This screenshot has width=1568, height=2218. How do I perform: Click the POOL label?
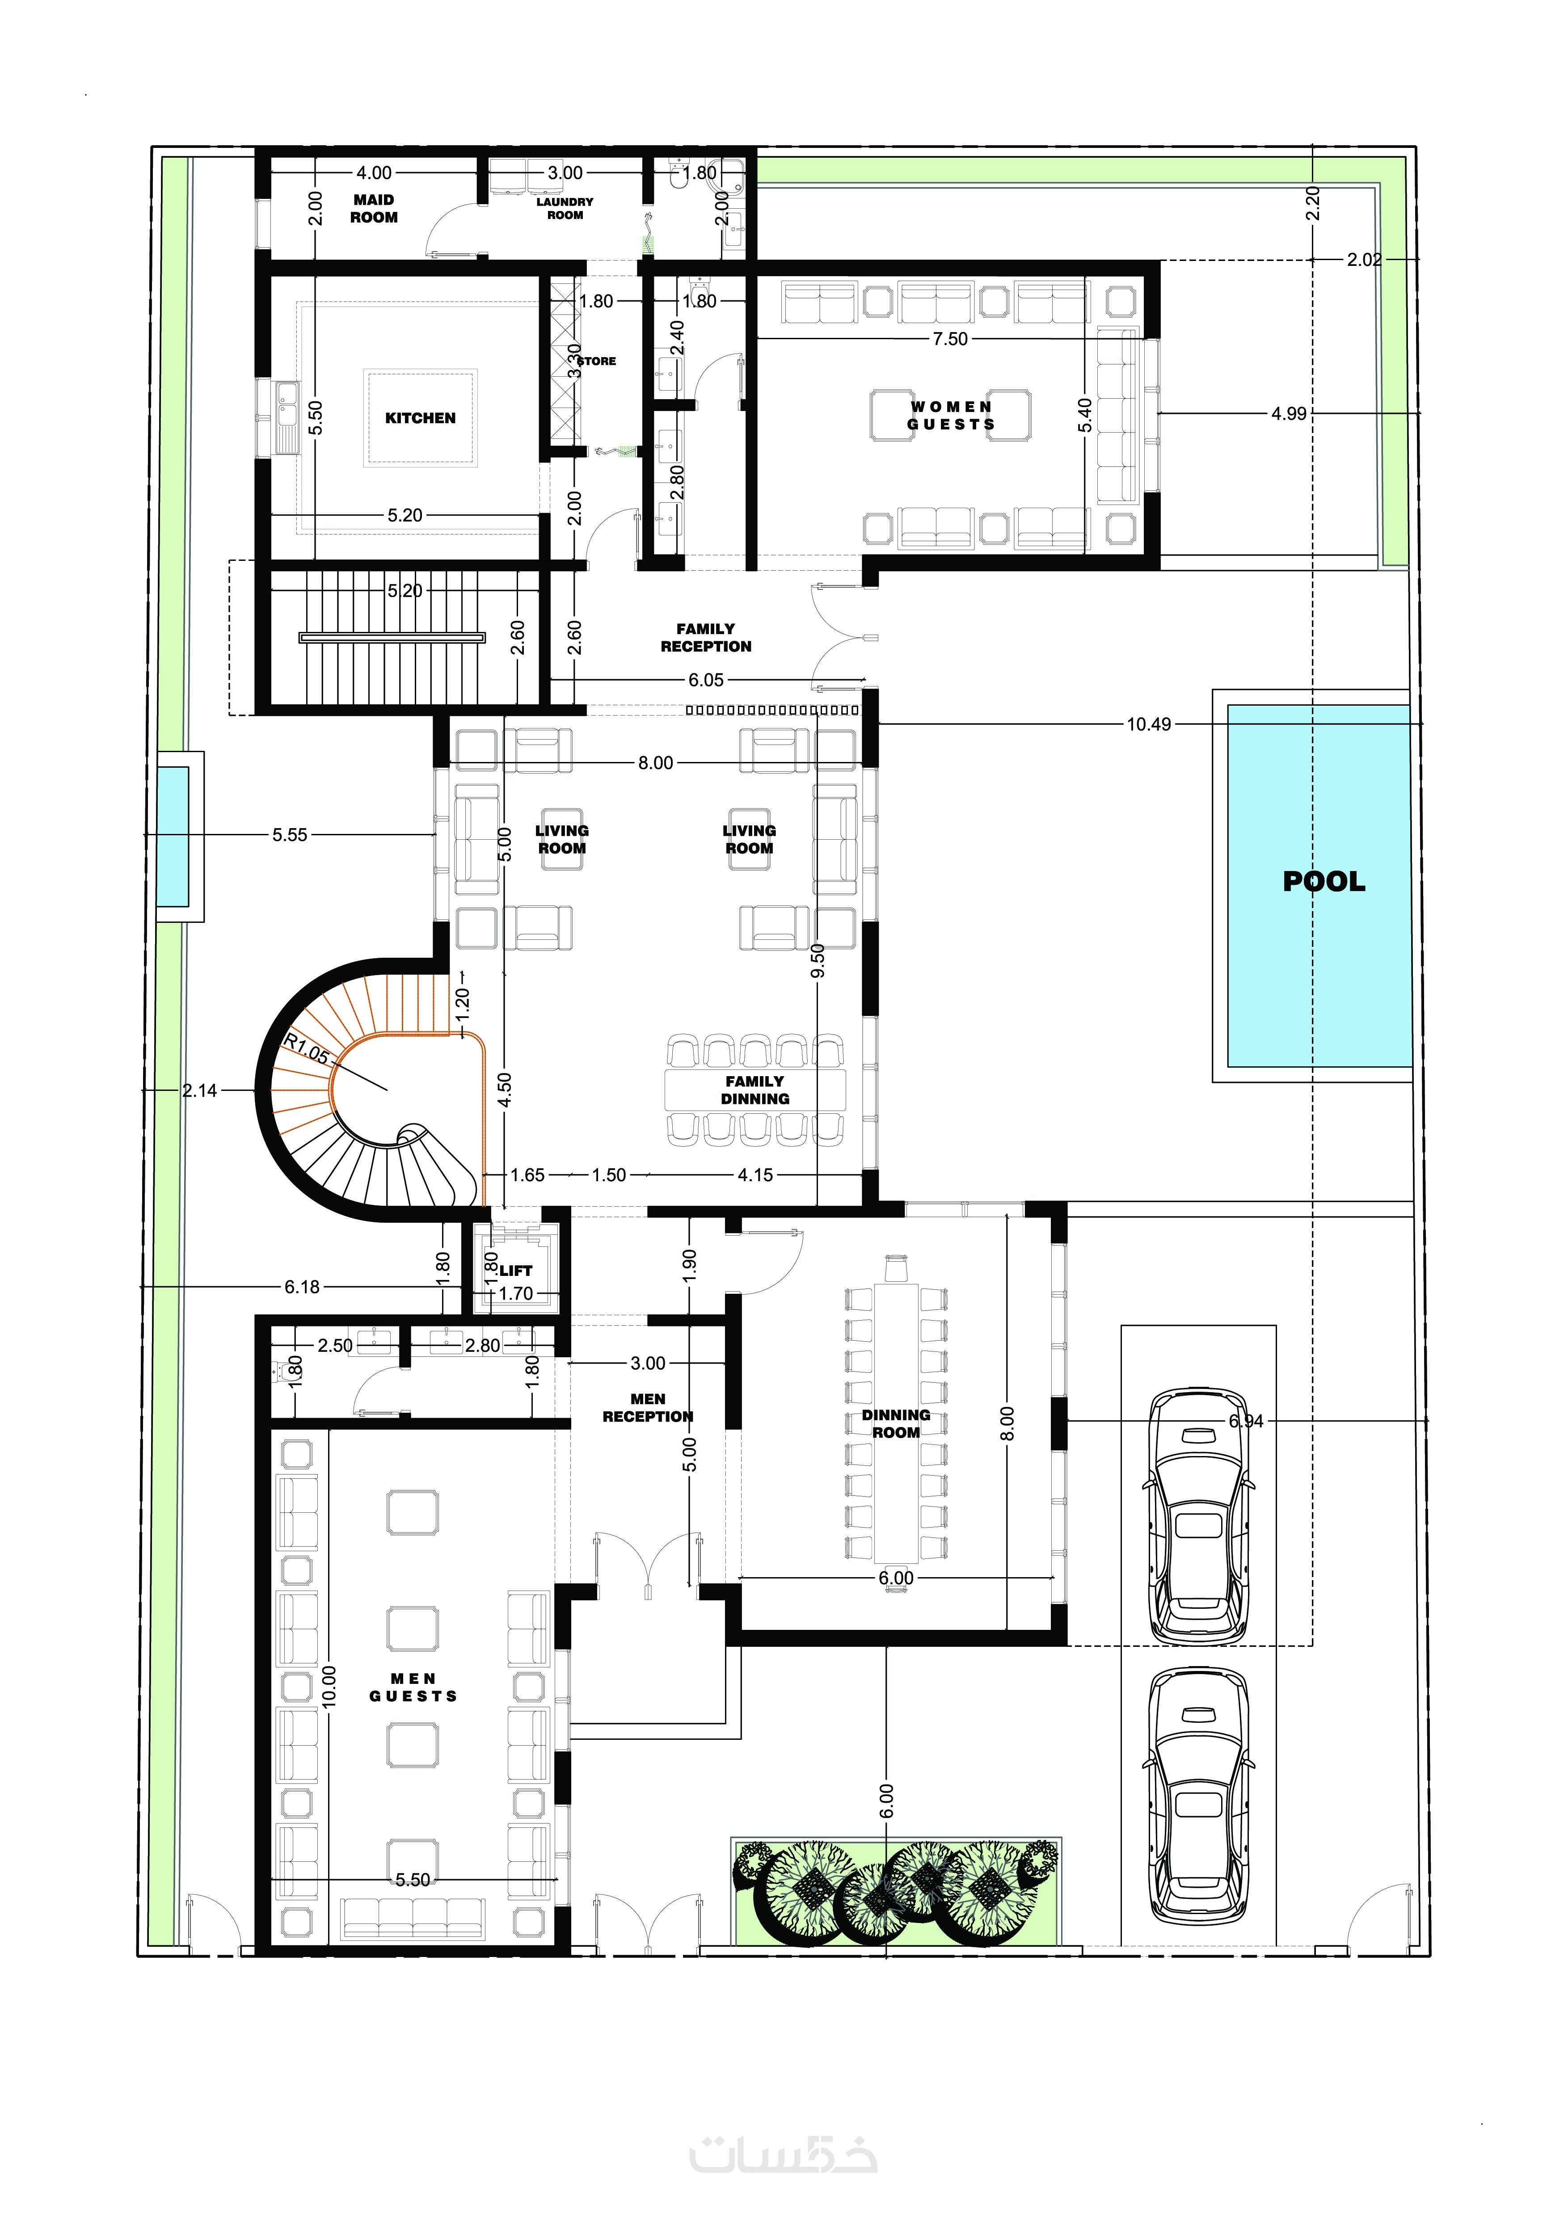(x=1324, y=881)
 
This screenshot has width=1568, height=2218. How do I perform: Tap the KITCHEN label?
(x=420, y=418)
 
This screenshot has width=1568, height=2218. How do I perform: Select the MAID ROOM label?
(x=374, y=209)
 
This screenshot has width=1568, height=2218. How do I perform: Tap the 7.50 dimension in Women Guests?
(x=950, y=339)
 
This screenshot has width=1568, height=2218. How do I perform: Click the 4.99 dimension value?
(x=1289, y=413)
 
